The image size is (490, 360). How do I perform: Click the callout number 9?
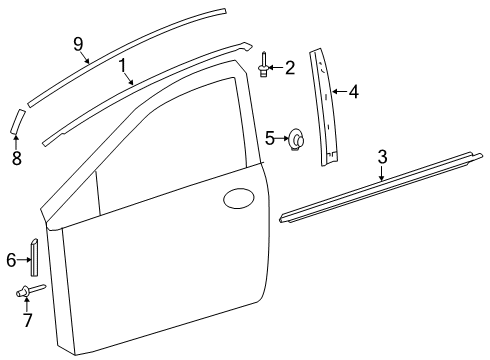tap(78, 43)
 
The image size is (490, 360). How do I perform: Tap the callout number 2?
tap(289, 67)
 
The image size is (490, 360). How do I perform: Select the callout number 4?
tap(353, 92)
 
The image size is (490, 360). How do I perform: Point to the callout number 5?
tap(269, 138)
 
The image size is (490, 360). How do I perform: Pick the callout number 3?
tap(383, 156)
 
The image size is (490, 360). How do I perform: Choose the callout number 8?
tap(16, 158)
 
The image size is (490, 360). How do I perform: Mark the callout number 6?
tap(11, 260)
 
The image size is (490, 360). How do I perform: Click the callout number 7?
tap(28, 321)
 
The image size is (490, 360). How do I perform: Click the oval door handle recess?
tap(239, 200)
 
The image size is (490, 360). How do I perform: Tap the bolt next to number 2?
tap(263, 66)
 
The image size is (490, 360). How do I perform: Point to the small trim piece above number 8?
tap(17, 119)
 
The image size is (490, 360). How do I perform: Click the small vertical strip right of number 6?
tap(35, 256)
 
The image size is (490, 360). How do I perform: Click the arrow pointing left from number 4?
tap(337, 92)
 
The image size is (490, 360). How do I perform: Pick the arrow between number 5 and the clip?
tap(282, 139)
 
